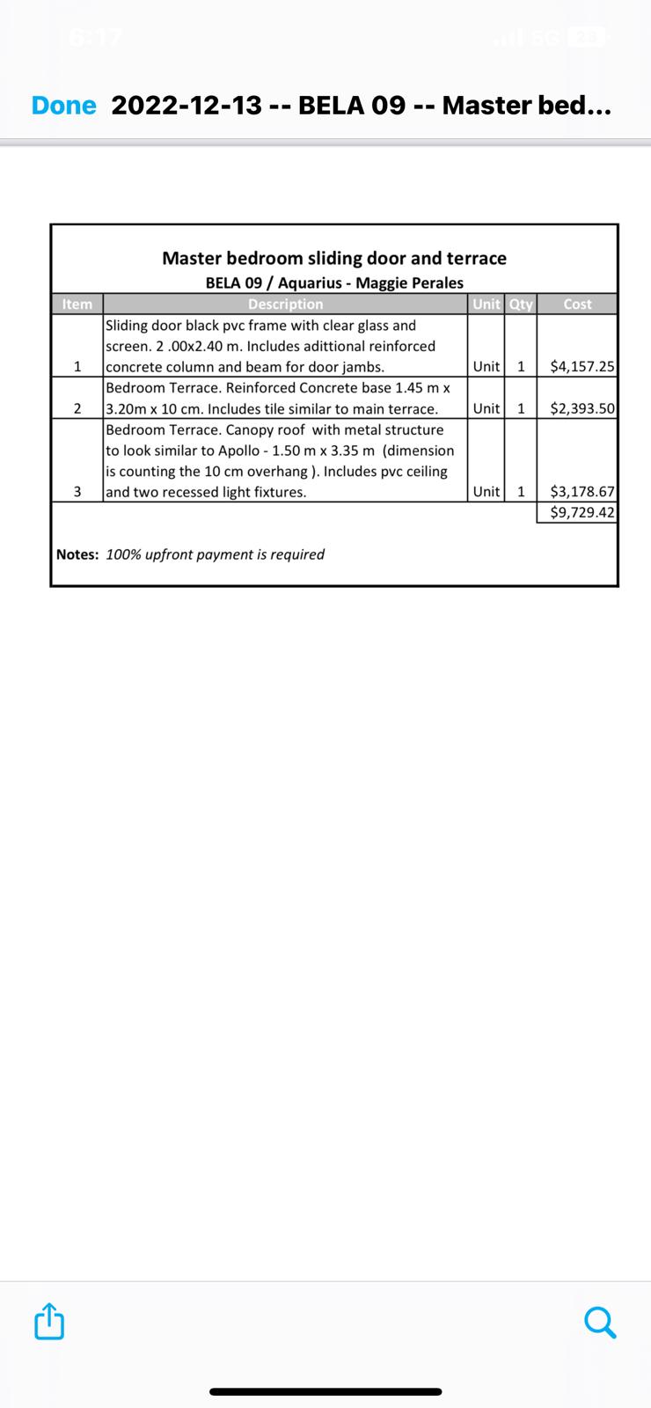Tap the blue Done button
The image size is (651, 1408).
[63, 106]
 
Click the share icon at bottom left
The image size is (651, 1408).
[49, 1321]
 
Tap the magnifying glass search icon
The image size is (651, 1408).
[600, 1321]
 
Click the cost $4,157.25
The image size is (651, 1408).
[582, 367]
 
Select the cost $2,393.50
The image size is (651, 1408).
[582, 408]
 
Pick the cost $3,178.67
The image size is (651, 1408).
[582, 492]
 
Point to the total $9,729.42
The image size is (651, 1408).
[582, 512]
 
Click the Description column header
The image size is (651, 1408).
[285, 304]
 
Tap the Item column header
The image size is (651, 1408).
[77, 304]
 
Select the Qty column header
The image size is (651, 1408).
[521, 304]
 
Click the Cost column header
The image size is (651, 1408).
[577, 304]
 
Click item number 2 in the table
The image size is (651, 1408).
[77, 408]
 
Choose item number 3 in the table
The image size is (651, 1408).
[77, 492]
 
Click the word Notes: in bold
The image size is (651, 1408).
[77, 554]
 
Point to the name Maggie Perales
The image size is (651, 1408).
[409, 282]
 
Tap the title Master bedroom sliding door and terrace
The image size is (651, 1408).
[334, 258]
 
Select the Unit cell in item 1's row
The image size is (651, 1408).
[486, 367]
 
